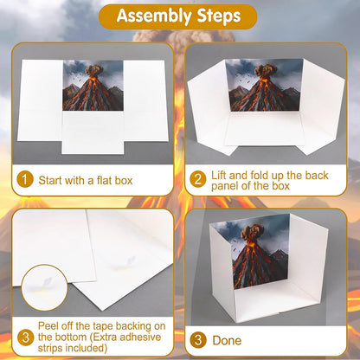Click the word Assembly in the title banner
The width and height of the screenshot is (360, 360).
[154, 16]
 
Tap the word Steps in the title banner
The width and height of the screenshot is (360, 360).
[219, 16]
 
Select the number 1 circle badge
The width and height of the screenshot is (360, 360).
[25, 179]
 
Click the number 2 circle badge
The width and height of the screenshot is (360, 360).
[198, 179]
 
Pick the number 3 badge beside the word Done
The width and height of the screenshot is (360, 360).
[198, 340]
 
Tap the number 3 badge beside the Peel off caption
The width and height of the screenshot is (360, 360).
[25, 337]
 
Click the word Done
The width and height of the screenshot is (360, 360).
[227, 340]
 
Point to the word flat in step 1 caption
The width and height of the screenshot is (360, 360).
[104, 181]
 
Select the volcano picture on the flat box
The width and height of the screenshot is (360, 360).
[93, 86]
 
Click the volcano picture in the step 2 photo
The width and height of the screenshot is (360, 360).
[264, 86]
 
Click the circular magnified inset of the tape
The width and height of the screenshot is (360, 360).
[44, 287]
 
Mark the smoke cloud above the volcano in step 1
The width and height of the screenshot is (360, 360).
[94, 70]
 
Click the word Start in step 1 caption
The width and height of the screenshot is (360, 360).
[50, 181]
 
